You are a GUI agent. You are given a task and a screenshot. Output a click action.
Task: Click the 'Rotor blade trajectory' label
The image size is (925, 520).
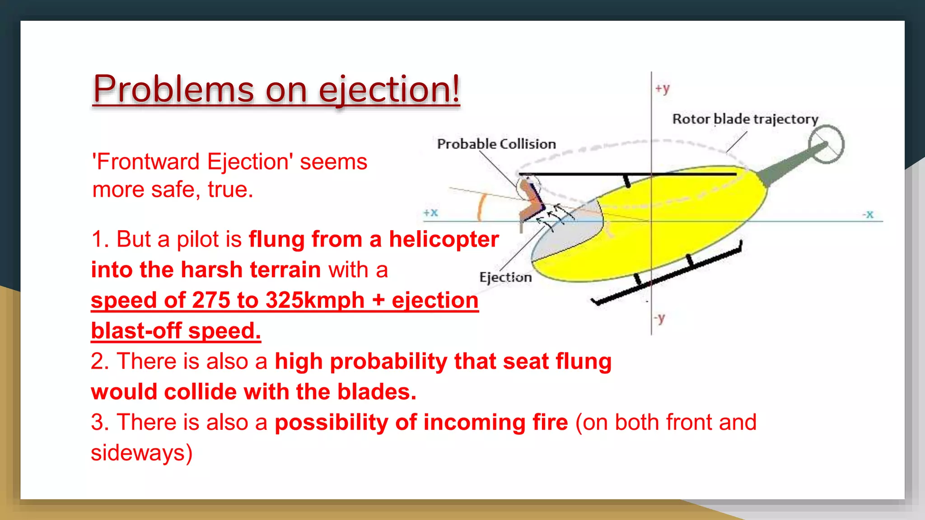(745, 119)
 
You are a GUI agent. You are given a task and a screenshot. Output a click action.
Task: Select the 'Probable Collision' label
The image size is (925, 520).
(496, 144)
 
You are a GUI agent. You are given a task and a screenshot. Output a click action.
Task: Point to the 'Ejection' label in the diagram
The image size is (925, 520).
(505, 277)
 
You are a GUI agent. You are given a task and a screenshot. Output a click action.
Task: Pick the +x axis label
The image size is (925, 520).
(430, 212)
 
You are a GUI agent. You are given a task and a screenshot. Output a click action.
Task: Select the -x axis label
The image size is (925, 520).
(868, 214)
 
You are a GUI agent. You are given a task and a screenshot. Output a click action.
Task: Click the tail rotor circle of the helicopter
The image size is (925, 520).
(826, 144)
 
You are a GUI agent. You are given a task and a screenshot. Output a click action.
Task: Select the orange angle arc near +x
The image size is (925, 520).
(481, 207)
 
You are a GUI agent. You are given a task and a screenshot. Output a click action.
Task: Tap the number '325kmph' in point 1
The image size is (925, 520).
(315, 300)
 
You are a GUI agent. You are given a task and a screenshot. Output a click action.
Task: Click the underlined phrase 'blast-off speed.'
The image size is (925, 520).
(176, 331)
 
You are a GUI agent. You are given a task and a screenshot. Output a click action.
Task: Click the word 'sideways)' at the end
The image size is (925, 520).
(141, 453)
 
